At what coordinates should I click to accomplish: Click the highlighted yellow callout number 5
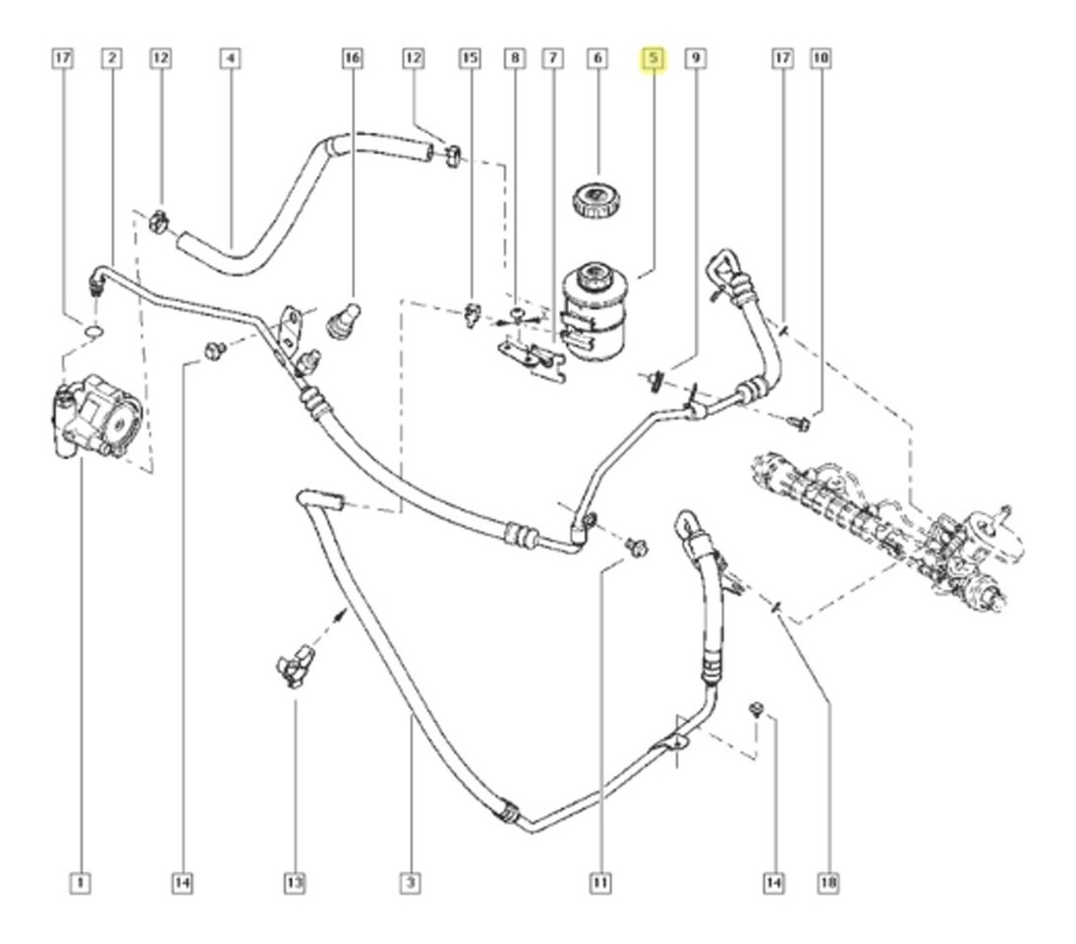click(x=653, y=59)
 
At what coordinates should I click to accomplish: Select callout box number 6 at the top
click(x=597, y=58)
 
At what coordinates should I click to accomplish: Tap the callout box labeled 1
click(x=81, y=882)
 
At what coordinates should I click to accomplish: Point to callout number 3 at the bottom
click(x=411, y=882)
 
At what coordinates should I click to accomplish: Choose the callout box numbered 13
click(x=295, y=882)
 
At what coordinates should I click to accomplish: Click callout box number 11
click(x=599, y=882)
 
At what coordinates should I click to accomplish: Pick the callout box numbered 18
click(x=828, y=882)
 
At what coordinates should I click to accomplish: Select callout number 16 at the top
click(x=352, y=58)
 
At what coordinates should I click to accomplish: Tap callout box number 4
click(x=231, y=58)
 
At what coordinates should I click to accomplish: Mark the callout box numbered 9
click(x=696, y=58)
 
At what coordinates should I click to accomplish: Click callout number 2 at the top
click(x=112, y=58)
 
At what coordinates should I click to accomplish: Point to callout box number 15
click(x=470, y=58)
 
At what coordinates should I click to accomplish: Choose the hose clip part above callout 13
click(x=295, y=665)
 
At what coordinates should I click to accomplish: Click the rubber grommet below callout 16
click(x=343, y=321)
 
